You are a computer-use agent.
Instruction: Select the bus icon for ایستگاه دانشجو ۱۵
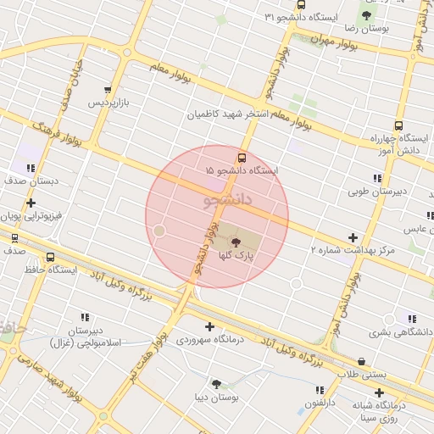point(242,157)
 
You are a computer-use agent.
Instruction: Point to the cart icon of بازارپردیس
point(107,90)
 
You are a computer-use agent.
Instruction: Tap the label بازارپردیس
point(113,103)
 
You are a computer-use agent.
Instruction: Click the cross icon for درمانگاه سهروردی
point(209,326)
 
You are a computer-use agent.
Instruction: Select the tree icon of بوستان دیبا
point(217,383)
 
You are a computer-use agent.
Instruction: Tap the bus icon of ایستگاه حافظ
point(51,258)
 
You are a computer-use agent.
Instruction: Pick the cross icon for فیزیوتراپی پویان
point(31,203)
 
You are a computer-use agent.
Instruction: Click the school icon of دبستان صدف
point(31,168)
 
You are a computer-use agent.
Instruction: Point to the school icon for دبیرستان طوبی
point(376,178)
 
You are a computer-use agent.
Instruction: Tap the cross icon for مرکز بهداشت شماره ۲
point(353,237)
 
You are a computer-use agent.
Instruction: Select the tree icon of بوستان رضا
point(366,15)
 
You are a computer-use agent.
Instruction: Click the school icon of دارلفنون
point(320,390)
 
